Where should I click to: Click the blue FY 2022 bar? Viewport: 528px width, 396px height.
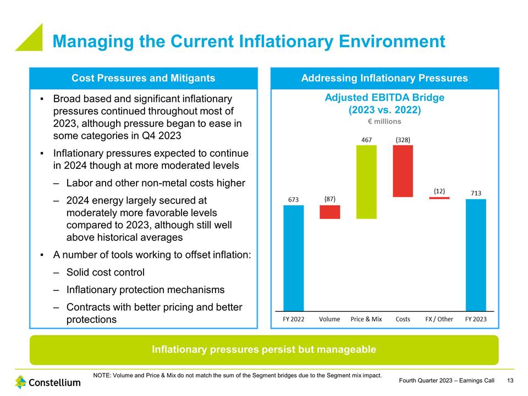pyautogui.click(x=293, y=258)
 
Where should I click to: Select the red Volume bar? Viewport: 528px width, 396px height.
pyautogui.click(x=329, y=212)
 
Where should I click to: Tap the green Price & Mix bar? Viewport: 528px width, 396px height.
pyautogui.click(x=366, y=182)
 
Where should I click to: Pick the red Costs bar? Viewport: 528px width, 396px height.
pyautogui.click(x=403, y=170)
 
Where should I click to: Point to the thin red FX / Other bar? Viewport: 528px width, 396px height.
pyautogui.click(x=439, y=198)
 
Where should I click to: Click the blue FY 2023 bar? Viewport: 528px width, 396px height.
pyautogui.click(x=476, y=255)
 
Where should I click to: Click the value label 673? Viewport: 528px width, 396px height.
pyautogui.click(x=293, y=200)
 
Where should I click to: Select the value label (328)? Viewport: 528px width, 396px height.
pyautogui.click(x=403, y=140)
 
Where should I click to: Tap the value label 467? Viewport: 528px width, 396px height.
pyautogui.click(x=367, y=140)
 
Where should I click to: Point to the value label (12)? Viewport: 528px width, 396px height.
pyautogui.click(x=439, y=190)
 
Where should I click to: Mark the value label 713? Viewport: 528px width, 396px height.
pyautogui.click(x=476, y=193)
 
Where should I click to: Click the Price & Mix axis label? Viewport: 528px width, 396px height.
pyautogui.click(x=366, y=319)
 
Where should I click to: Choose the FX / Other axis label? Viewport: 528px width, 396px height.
pyautogui.click(x=439, y=319)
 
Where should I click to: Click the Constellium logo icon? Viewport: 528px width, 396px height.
pyautogui.click(x=20, y=382)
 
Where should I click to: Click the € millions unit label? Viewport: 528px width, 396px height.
pyautogui.click(x=384, y=122)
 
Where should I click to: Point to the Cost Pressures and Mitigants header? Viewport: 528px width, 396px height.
pyautogui.click(x=144, y=78)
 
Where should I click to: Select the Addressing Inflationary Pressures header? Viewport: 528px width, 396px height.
pyautogui.click(x=384, y=78)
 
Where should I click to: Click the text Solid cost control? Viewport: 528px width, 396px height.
pyautogui.click(x=106, y=272)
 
